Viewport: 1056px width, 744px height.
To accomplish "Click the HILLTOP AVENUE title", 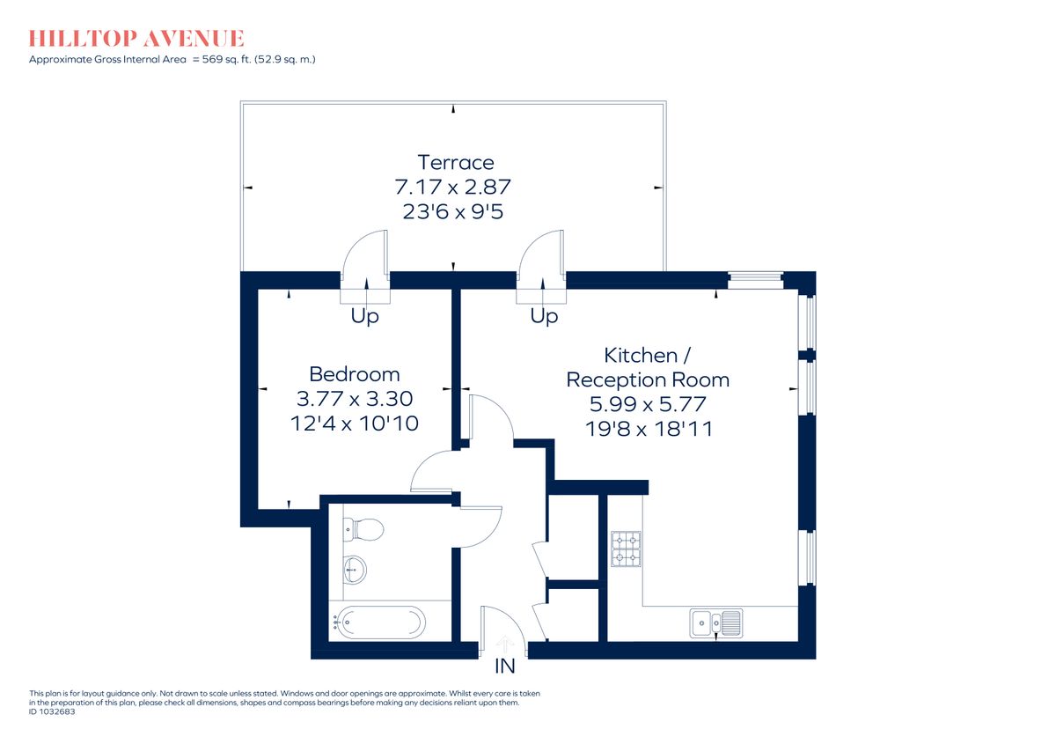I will pos(136,39).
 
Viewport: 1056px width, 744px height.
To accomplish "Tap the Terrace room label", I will pos(455,162).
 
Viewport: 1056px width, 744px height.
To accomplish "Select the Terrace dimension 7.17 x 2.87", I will pos(453,187).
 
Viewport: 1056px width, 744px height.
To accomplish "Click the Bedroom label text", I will pos(354,373).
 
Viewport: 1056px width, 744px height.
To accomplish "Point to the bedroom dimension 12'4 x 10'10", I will pos(354,424).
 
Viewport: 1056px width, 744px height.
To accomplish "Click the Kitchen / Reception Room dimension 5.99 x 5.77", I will pos(647,404).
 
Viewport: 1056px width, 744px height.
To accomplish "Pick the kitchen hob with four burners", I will pos(626,549).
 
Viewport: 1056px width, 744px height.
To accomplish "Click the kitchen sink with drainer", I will pos(715,622).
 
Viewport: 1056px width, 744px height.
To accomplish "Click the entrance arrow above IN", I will pos(504,645).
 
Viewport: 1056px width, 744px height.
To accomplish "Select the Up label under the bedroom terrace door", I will pos(364,316).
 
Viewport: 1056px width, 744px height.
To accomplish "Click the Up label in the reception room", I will pos(544,316).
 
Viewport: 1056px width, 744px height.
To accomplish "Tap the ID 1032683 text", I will pos(53,712).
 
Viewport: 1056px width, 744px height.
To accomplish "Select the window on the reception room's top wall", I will pos(755,280).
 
